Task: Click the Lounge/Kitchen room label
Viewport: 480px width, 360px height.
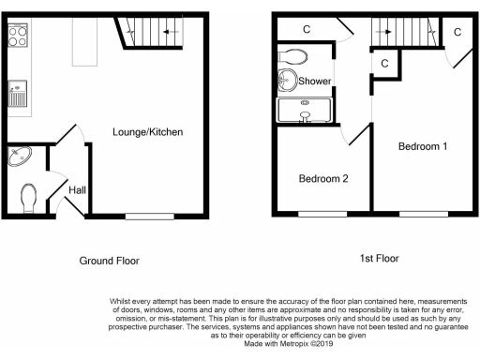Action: pos(147,132)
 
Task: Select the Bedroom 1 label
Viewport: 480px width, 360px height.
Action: pos(423,146)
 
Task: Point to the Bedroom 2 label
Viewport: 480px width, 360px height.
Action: pos(323,178)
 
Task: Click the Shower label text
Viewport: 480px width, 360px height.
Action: pos(314,82)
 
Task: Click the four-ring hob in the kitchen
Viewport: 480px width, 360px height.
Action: pos(19,36)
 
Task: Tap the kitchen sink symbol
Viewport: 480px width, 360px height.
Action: pos(18,95)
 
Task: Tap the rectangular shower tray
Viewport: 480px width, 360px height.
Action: pos(304,110)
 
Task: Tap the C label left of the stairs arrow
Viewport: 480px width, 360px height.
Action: pos(307,28)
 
